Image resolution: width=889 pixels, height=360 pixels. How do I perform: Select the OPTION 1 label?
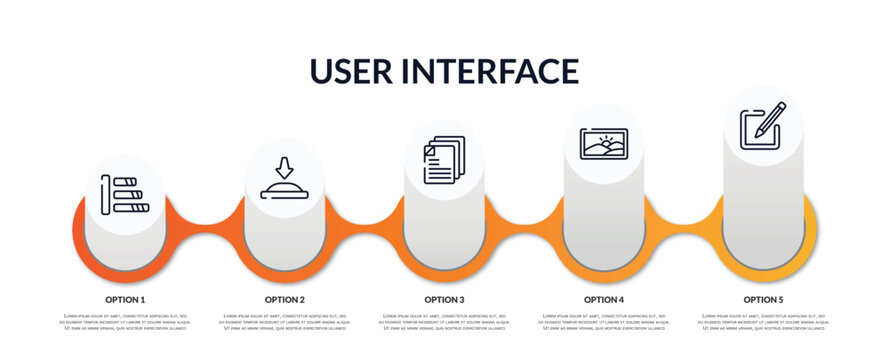[x=125, y=299]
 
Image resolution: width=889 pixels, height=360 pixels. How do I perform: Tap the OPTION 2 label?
[x=285, y=299]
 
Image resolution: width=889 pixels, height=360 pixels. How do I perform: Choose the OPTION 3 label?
[x=444, y=299]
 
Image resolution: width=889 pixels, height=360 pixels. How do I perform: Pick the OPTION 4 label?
[x=604, y=299]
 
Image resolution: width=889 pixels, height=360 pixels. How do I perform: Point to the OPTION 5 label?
[x=763, y=299]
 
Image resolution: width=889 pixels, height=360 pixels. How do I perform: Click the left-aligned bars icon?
[x=125, y=195]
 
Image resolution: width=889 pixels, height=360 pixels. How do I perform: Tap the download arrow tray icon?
[x=284, y=178]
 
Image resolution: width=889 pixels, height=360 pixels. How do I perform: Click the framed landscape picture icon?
[x=604, y=143]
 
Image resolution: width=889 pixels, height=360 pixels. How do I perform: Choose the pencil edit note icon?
[x=762, y=126]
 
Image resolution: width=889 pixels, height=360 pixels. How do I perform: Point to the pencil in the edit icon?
[x=770, y=119]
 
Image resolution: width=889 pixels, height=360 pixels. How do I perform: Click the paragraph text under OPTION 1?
[x=125, y=323]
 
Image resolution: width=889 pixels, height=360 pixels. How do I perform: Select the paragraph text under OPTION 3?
[x=444, y=323]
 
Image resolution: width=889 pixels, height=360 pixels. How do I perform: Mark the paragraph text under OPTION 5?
[x=763, y=323]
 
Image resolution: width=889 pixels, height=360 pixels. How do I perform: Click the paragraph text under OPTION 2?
[x=285, y=323]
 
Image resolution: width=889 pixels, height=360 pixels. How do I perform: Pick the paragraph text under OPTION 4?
[x=604, y=323]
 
